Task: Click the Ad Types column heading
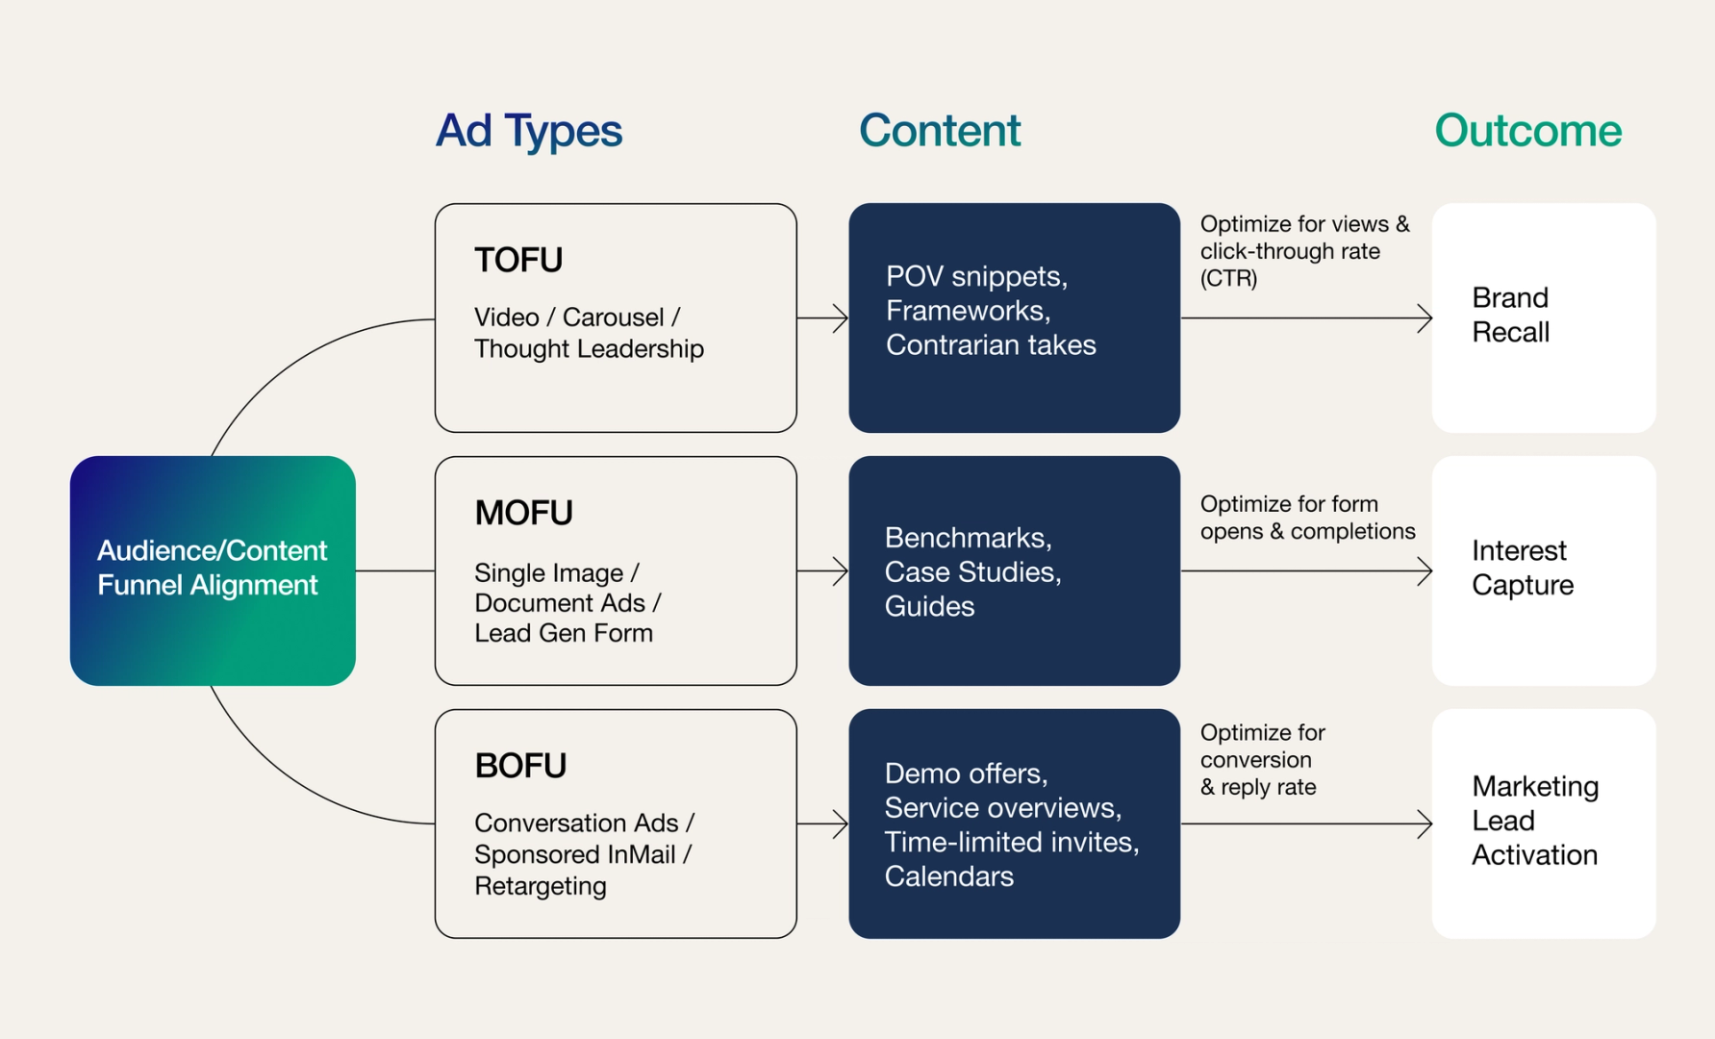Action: [x=529, y=132]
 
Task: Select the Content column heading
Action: [x=940, y=130]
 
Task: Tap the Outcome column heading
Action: [x=1528, y=130]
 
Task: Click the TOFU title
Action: [x=518, y=260]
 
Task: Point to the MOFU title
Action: [x=523, y=513]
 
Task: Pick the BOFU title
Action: [x=520, y=766]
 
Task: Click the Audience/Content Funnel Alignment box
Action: [x=213, y=570]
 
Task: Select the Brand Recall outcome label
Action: [x=1510, y=315]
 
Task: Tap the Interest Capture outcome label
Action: [x=1523, y=568]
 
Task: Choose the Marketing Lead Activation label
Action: [x=1535, y=821]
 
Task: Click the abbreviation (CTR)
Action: [x=1228, y=279]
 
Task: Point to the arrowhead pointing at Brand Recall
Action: [x=1425, y=317]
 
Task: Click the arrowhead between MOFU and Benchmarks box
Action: [x=841, y=571]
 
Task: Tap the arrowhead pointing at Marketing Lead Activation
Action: [x=1425, y=824]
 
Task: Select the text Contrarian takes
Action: [x=991, y=345]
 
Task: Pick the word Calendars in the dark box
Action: [x=949, y=876]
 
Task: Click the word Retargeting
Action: [x=541, y=887]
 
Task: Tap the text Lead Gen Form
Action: [x=564, y=633]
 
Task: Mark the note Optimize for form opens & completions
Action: [x=1308, y=518]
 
